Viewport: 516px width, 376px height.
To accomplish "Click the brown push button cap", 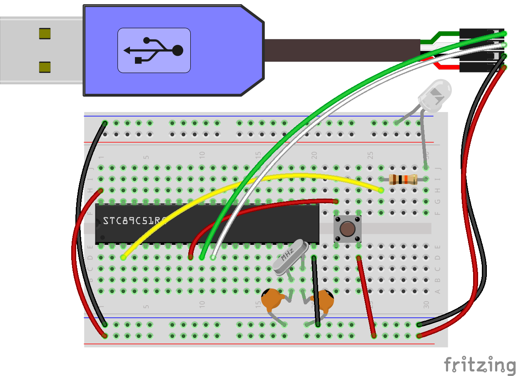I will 347,229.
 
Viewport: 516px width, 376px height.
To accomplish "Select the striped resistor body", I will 403,179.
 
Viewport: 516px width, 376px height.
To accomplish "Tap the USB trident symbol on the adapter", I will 154,50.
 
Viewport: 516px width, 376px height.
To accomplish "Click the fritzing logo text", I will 479,365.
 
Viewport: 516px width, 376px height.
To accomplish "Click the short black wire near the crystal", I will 316,291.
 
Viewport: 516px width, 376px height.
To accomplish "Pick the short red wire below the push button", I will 366,296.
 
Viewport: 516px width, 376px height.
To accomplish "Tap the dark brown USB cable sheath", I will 342,50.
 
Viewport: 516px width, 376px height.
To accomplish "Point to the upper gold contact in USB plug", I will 45,34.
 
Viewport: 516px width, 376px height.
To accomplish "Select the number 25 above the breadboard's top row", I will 370,155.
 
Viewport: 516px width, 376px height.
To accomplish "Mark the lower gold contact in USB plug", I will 45,67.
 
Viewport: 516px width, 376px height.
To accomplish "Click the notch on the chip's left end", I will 98,223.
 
